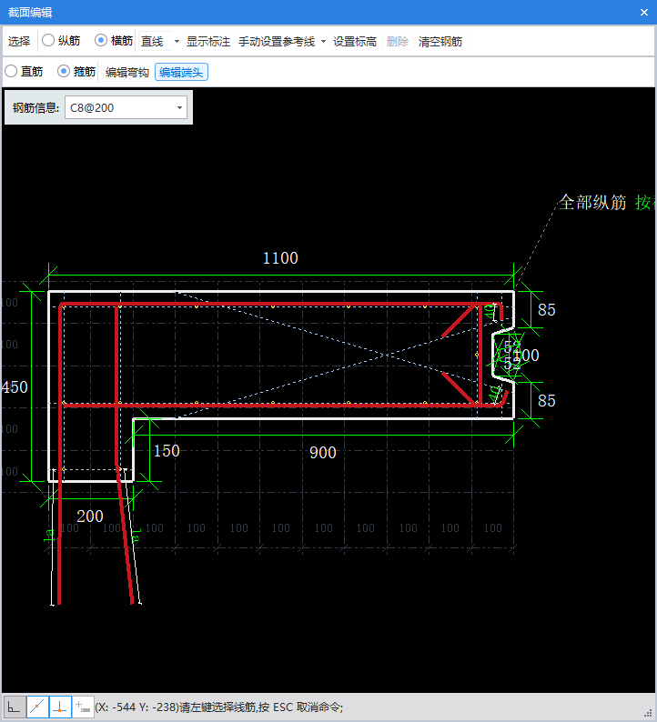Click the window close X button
click(644, 12)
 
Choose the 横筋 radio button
click(101, 41)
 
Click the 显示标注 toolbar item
click(208, 42)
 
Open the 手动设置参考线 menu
click(282, 42)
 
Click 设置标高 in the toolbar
click(355, 42)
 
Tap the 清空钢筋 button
click(440, 42)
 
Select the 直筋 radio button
click(11, 71)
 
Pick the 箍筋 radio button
click(64, 71)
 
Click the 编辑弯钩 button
click(126, 72)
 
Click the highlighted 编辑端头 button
click(181, 72)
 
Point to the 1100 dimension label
click(280, 258)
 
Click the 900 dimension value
click(322, 453)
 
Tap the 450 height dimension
click(15, 386)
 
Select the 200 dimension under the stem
click(90, 516)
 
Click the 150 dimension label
click(167, 451)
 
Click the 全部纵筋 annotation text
click(592, 203)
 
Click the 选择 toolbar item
click(19, 42)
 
